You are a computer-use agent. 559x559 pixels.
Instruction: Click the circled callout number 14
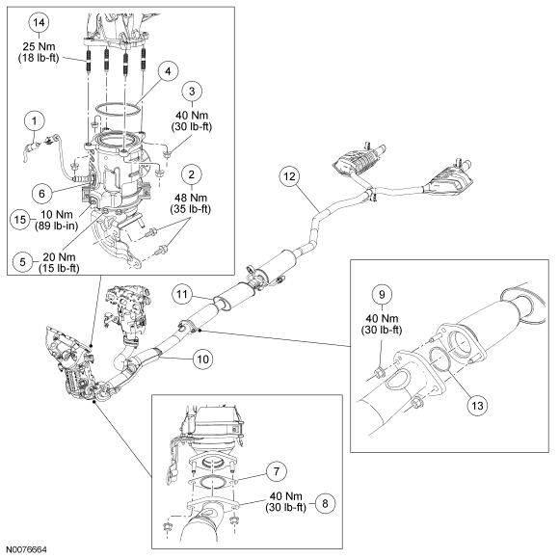tap(39, 23)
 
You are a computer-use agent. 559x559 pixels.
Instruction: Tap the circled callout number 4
tap(168, 71)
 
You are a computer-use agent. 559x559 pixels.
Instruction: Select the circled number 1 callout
tap(35, 120)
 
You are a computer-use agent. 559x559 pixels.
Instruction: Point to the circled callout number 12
tap(289, 176)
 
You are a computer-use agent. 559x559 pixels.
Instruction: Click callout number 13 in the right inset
tap(477, 406)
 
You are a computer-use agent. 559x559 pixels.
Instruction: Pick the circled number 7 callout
tap(277, 471)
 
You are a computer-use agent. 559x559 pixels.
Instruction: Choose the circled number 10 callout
tap(202, 359)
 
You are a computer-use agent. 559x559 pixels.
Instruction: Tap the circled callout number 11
tap(182, 295)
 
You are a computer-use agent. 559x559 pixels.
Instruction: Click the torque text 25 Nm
tap(39, 46)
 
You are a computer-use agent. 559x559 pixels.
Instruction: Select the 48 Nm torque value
tap(191, 198)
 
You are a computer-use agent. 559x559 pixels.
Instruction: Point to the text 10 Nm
tap(56, 215)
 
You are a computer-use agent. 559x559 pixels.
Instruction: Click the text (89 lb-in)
tap(56, 226)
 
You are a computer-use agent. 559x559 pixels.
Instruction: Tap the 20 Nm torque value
tap(59, 257)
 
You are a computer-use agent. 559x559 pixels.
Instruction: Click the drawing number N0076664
tap(26, 549)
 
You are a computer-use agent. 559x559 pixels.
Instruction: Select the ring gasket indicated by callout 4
tap(117, 110)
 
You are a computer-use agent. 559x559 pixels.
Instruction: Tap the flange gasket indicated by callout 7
tap(213, 483)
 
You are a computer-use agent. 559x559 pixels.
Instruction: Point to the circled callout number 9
tap(382, 295)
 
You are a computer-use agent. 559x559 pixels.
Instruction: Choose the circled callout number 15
tap(20, 219)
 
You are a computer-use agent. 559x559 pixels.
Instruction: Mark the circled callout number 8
tap(325, 504)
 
